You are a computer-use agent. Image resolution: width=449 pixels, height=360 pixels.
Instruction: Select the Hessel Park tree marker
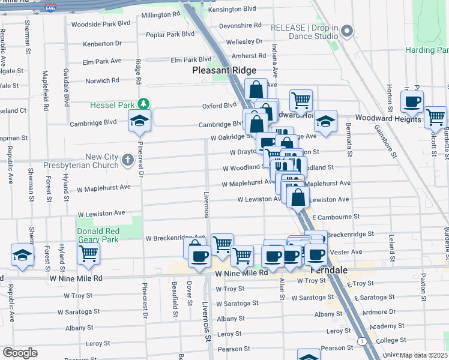pyautogui.click(x=142, y=104)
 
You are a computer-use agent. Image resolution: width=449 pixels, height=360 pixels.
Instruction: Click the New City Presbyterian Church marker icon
pyautogui.click(x=127, y=160)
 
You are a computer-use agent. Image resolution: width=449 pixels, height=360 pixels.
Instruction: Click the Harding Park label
pyautogui.click(x=426, y=50)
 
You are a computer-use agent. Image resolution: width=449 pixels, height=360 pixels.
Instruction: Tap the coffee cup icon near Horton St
pyautogui.click(x=412, y=101)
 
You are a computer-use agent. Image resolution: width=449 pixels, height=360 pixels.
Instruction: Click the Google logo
pyautogui.click(x=20, y=353)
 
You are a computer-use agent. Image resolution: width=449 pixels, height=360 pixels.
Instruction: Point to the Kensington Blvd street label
pyautogui.click(x=231, y=9)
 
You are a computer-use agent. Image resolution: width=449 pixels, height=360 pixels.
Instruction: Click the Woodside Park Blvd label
pyautogui.click(x=100, y=24)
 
